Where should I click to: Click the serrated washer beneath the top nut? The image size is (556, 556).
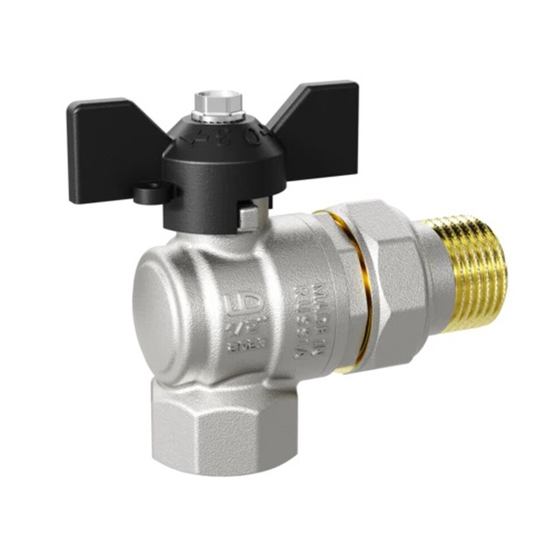pyautogui.click(x=219, y=116)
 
